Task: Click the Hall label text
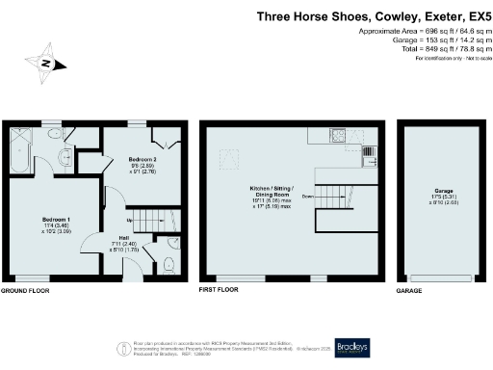pyautogui.click(x=124, y=237)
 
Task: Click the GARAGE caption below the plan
pyautogui.click(x=410, y=290)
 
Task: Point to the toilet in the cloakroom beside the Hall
pyautogui.click(x=169, y=261)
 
